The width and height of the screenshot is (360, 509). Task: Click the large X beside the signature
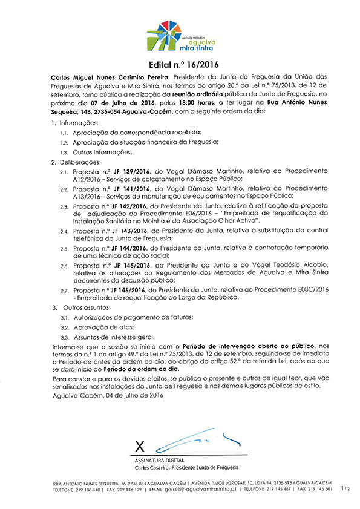pyautogui.click(x=140, y=447)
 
